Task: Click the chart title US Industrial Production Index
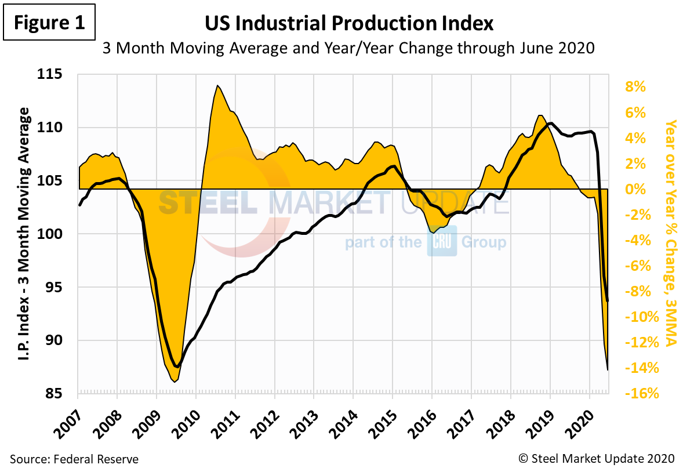[349, 23]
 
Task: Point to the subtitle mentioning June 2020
[349, 48]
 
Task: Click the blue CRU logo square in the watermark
[442, 241]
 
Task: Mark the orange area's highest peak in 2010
[217, 86]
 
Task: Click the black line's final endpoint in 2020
[608, 301]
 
